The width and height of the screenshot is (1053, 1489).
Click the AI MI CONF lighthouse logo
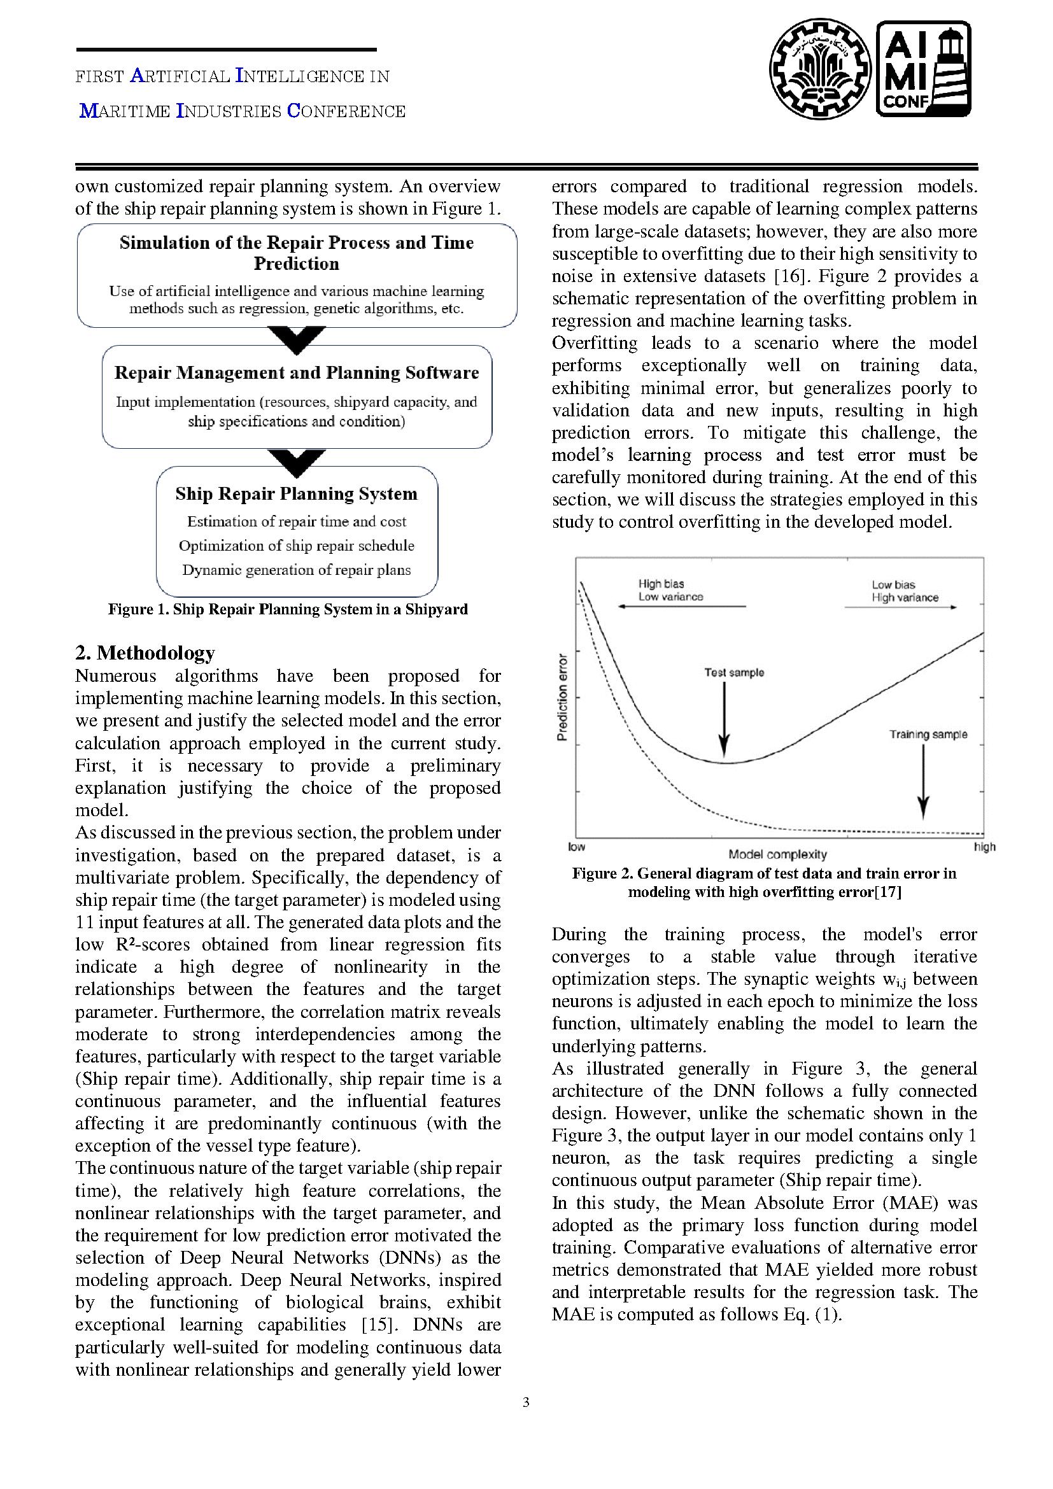point(923,69)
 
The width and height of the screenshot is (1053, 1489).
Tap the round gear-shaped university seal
point(820,69)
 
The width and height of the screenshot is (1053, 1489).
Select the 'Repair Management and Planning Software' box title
point(296,373)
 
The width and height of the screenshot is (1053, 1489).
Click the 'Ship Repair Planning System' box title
point(296,493)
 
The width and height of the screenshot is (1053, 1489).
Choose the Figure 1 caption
point(287,609)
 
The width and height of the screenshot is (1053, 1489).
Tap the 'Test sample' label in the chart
point(734,672)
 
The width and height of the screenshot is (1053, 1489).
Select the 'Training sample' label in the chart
point(928,734)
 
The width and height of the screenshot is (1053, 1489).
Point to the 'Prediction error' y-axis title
point(562,697)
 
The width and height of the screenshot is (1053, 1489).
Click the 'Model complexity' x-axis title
point(777,855)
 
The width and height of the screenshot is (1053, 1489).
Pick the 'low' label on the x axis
point(576,847)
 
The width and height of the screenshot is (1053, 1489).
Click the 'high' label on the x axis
point(984,847)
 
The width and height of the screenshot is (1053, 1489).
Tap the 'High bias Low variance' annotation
point(670,590)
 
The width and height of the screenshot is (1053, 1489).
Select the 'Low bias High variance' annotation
point(905,591)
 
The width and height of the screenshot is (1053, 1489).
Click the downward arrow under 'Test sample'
point(725,720)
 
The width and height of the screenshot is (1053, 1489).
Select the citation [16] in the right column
point(791,276)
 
